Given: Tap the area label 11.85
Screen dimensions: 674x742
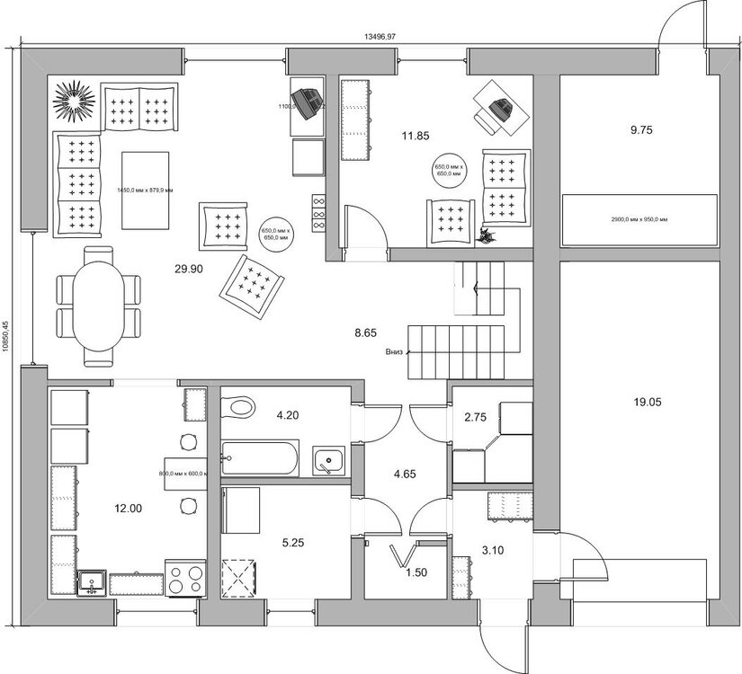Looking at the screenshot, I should click(x=415, y=136).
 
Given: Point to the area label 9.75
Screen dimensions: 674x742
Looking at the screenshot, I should click(x=640, y=129).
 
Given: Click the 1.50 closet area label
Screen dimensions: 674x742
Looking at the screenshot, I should click(x=414, y=572).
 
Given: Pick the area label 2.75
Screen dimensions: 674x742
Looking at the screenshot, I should click(x=475, y=417).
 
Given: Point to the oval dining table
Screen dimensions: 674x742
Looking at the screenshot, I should click(x=97, y=306).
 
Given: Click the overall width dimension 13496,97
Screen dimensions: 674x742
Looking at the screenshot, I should click(x=380, y=37).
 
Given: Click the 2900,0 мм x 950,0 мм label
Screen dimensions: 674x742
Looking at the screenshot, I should click(x=639, y=219).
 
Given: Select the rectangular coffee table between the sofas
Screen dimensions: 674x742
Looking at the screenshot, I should click(x=145, y=191).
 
